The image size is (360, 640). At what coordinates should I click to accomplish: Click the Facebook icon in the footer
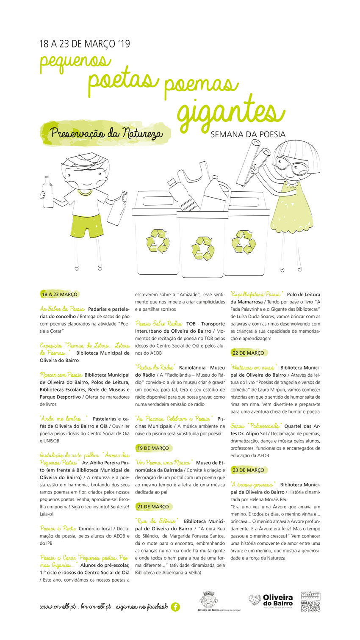[x=175, y=607]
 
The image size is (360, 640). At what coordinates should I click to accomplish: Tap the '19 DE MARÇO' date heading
[x=153, y=448]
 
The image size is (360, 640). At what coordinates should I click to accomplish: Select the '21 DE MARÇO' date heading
[x=153, y=506]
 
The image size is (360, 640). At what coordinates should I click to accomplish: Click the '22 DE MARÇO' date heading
[x=248, y=353]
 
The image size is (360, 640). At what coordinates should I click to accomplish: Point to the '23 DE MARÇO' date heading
[x=248, y=470]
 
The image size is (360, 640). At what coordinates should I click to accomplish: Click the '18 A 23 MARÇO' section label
[x=60, y=294]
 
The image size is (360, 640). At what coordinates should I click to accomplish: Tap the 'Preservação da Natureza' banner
[x=106, y=133]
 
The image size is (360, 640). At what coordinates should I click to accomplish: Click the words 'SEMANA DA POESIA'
[x=248, y=135]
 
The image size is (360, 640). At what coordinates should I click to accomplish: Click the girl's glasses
[x=290, y=165]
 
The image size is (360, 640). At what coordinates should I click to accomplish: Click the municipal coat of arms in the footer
[x=208, y=600]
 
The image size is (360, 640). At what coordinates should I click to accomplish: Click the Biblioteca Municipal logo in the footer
[x=310, y=601]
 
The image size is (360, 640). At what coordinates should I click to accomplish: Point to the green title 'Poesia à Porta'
[x=58, y=528]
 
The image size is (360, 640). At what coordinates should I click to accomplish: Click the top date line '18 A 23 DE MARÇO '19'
[x=85, y=44]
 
